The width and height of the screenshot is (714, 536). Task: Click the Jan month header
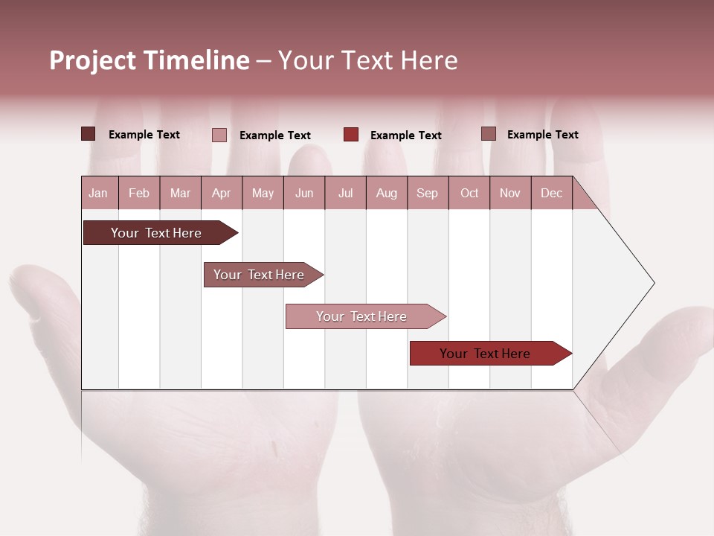pos(99,193)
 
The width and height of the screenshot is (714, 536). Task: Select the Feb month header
pos(139,193)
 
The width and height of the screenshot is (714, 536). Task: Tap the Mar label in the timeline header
pos(180,193)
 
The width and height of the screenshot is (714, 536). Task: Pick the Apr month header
pos(222,193)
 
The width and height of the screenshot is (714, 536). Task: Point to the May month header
pos(263,193)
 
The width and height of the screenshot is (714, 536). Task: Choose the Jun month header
pos(304,193)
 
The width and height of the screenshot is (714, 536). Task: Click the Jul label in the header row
pos(345,193)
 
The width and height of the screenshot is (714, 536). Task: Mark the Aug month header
pos(387,193)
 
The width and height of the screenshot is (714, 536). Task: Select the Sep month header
pos(428,193)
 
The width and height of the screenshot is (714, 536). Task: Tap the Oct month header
pos(469,193)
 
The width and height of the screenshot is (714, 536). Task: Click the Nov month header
pos(510,193)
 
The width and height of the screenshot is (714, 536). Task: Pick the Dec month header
pos(551,193)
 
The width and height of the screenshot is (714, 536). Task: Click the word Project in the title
pos(93,61)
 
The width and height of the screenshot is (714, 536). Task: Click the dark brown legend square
pos(89,134)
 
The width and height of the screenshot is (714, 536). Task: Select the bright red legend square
pos(351,135)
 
